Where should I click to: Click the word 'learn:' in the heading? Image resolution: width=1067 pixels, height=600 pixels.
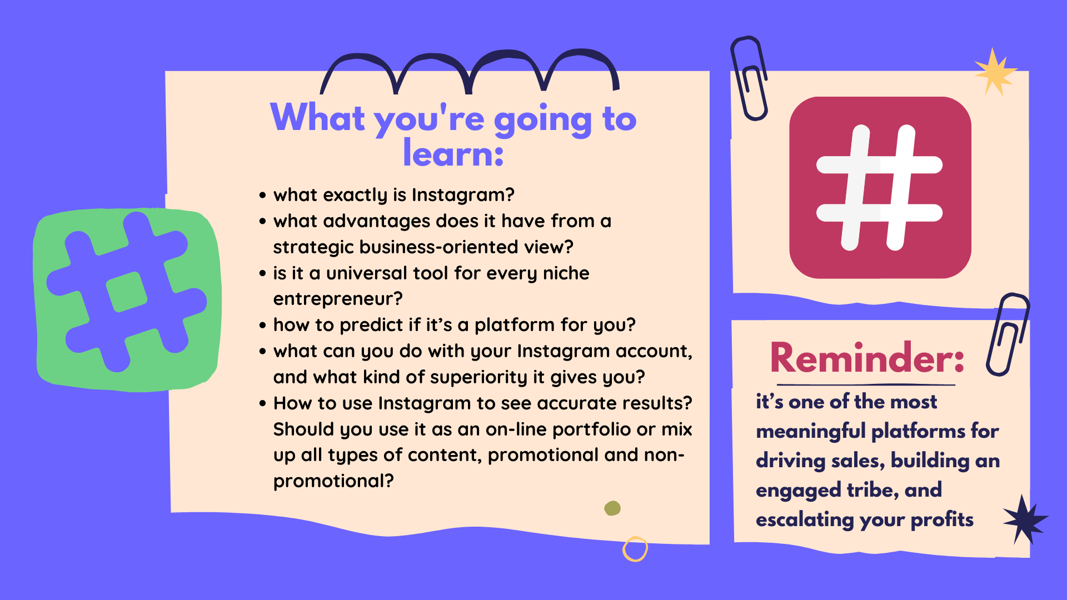[453, 153]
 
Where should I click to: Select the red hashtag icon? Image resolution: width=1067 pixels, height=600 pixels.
[880, 187]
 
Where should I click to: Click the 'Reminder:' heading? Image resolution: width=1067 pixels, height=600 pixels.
[867, 358]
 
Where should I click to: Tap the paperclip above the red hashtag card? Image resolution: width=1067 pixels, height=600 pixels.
[749, 78]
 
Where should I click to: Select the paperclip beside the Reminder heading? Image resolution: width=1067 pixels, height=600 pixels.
[1008, 334]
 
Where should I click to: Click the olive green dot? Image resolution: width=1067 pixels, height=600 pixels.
[612, 508]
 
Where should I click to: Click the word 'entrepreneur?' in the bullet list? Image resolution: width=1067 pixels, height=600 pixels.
[338, 299]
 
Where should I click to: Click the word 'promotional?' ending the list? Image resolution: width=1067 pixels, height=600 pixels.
[333, 481]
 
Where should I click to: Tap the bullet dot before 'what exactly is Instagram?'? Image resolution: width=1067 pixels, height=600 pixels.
[263, 196]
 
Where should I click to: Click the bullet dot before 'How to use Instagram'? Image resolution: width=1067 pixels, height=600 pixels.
[263, 404]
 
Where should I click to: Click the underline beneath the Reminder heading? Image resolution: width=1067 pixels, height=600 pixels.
[866, 384]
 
